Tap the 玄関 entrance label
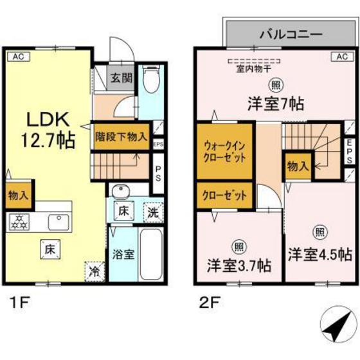coord(120,79)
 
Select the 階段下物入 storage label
coord(122,136)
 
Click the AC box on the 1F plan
coord(19,56)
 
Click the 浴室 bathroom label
coord(122,254)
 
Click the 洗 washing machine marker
coord(152,210)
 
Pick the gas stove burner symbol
coord(19,222)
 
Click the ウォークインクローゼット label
coord(224,152)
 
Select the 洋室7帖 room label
coord(274,102)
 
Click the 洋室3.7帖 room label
coord(239,264)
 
